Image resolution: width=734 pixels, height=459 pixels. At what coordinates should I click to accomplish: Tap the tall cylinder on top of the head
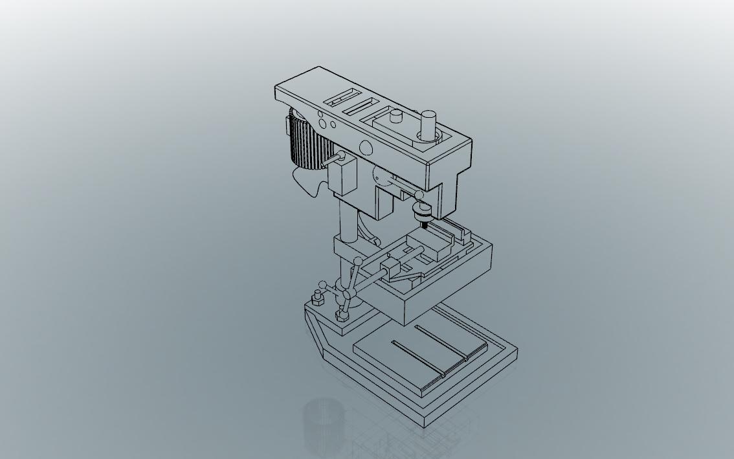tap(428, 125)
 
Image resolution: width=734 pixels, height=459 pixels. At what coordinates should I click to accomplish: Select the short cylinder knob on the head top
tap(396, 117)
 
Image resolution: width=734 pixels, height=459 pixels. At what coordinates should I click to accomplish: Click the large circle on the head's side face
tap(366, 148)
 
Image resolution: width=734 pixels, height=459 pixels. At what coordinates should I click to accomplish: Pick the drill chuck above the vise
tap(422, 210)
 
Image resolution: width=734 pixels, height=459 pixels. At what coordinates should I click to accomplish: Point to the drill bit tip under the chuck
tap(425, 225)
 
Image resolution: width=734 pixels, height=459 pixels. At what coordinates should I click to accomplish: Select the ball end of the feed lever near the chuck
tap(419, 195)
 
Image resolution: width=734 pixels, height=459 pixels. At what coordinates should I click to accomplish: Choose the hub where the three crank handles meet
tap(348, 294)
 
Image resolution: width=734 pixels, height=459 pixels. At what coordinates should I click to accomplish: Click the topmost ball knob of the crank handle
tap(358, 262)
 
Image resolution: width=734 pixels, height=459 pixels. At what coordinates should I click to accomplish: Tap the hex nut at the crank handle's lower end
tap(341, 316)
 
